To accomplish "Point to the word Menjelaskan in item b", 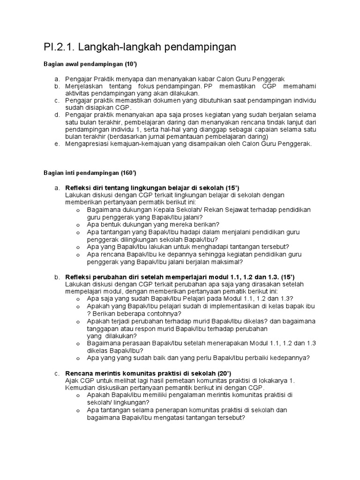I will (x=85, y=87).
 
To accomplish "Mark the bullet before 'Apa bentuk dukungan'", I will (x=78, y=225).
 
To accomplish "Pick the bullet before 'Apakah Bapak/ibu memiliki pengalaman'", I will (x=78, y=395).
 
